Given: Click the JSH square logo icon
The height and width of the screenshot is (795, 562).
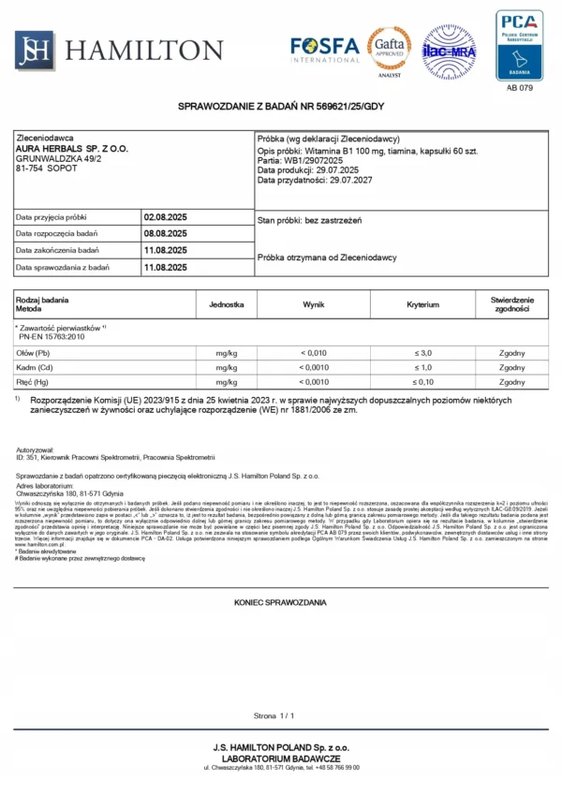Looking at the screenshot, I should point(35,50).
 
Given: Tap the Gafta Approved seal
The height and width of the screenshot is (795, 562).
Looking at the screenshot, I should point(388,48).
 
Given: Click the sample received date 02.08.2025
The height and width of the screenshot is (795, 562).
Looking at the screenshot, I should point(165,217).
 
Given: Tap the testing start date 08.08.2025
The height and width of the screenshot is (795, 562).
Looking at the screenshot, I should point(165,234).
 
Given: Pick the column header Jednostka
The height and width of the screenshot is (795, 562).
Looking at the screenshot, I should point(227,304).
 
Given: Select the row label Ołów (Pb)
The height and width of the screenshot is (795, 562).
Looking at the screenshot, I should point(34,353).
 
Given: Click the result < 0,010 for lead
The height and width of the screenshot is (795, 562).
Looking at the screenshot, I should point(313,353).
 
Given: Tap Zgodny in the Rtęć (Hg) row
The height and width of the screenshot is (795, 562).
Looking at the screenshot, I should point(512,383).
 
